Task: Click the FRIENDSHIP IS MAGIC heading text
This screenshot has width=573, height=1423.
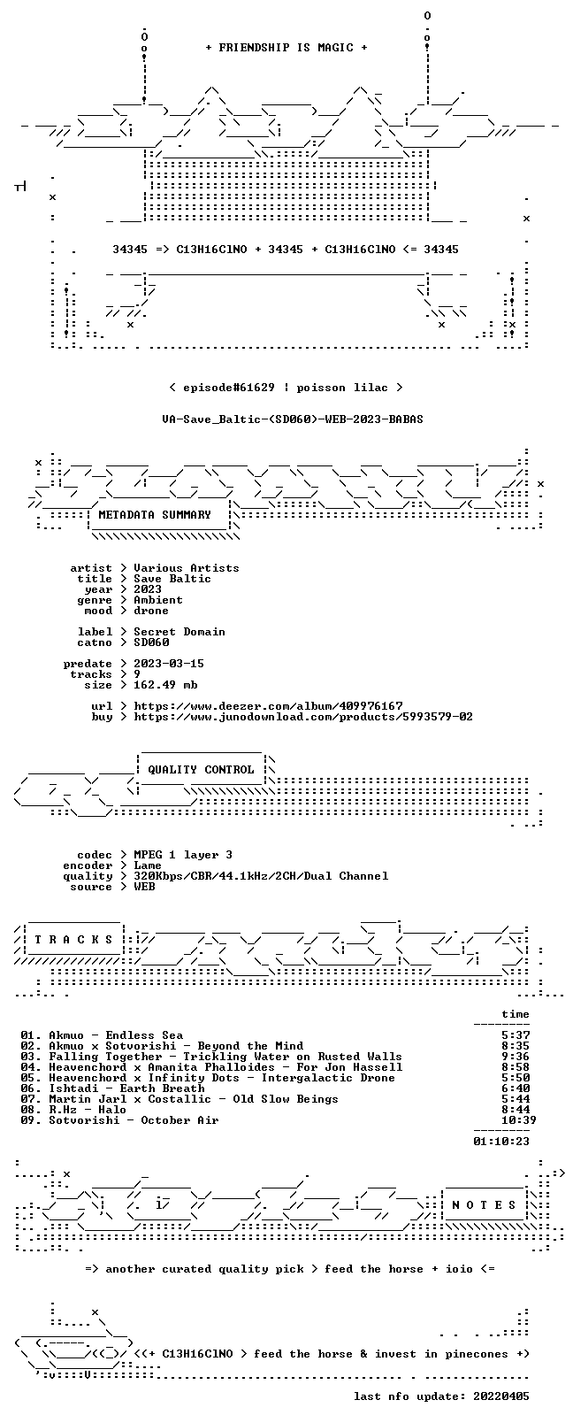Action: (286, 48)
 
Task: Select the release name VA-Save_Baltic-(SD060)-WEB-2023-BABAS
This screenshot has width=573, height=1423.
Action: (293, 419)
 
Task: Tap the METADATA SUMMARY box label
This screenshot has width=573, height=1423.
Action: (155, 514)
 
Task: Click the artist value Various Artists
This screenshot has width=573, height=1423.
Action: (187, 568)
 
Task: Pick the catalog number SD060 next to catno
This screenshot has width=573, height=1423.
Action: (151, 642)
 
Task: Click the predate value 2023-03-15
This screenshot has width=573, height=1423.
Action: (169, 663)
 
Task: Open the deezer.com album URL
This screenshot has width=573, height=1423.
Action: (269, 706)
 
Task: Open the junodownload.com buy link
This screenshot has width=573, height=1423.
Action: (303, 717)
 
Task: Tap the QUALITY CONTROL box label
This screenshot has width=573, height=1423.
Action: (201, 769)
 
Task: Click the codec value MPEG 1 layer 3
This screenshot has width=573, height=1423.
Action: (183, 855)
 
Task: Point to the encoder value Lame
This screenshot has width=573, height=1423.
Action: (148, 865)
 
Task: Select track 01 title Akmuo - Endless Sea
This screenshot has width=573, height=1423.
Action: (116, 1035)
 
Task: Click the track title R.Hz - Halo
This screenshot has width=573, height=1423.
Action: (88, 1109)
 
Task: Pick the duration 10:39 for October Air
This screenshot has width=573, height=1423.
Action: (518, 1120)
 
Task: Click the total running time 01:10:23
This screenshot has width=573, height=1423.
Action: (501, 1141)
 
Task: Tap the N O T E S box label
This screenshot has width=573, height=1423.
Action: (484, 1204)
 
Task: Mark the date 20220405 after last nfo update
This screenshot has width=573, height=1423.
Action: (501, 1396)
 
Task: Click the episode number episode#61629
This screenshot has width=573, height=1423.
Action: (229, 388)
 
